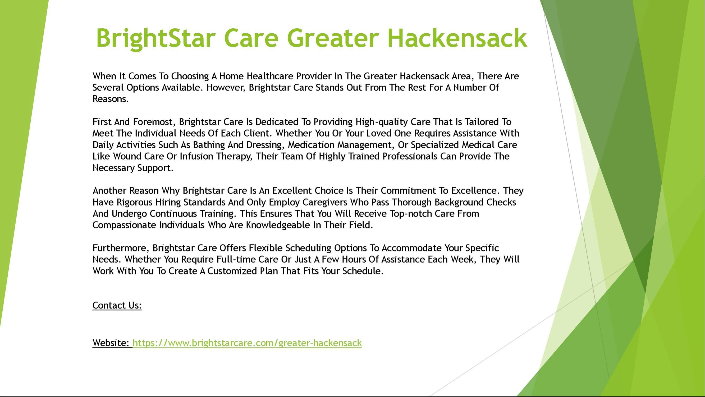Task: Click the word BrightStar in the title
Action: tap(154, 39)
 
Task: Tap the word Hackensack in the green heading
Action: tap(457, 38)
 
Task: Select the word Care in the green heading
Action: tap(251, 38)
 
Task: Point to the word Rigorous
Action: tap(135, 202)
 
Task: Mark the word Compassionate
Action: tap(125, 225)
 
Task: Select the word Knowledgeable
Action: tap(278, 225)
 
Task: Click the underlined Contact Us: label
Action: tap(117, 305)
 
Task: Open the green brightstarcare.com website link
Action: tap(247, 343)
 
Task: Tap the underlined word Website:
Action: tap(111, 343)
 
